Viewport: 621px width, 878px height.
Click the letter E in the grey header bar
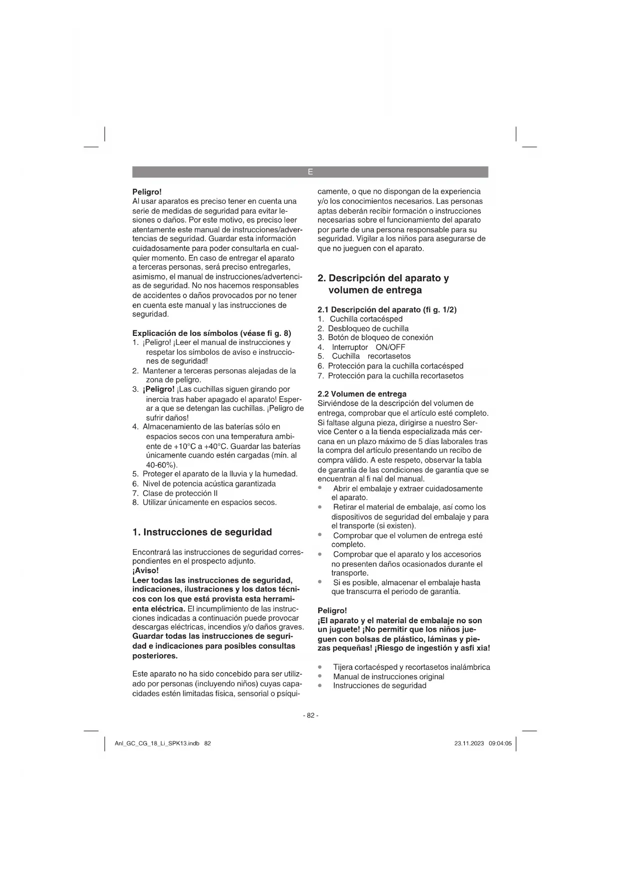coord(310,172)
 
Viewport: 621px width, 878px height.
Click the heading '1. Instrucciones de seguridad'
coord(202,532)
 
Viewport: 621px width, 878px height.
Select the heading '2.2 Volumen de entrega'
coord(362,394)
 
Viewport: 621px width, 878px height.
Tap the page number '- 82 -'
coord(310,715)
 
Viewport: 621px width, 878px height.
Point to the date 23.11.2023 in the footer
coord(469,743)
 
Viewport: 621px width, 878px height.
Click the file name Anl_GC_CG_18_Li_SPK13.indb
coord(157,743)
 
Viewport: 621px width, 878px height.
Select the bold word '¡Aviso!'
coord(146,571)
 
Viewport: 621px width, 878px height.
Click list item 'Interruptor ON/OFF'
coord(368,347)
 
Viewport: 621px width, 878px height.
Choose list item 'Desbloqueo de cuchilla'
coord(368,328)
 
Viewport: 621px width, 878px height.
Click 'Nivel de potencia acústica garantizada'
coord(209,484)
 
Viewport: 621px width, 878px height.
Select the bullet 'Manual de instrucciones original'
coord(388,676)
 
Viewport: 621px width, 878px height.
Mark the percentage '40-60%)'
coord(162,465)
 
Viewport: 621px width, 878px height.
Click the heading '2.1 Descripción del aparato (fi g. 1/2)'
coord(387,309)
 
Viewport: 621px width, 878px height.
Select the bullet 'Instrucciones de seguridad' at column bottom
coord(379,686)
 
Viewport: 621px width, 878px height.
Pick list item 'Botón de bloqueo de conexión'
coord(380,337)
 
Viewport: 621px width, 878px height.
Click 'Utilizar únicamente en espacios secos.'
coord(209,502)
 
